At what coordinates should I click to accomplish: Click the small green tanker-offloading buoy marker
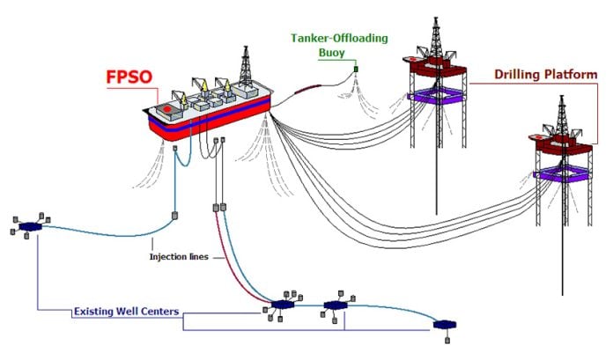pyautogui.click(x=357, y=69)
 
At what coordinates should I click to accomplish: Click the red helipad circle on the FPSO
pyautogui.click(x=166, y=109)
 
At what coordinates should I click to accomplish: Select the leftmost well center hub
pyautogui.click(x=31, y=227)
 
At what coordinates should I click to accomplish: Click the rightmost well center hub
pyautogui.click(x=445, y=325)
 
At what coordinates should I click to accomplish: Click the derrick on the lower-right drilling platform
pyautogui.click(x=560, y=114)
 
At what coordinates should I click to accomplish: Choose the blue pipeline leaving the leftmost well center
pyautogui.click(x=97, y=231)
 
